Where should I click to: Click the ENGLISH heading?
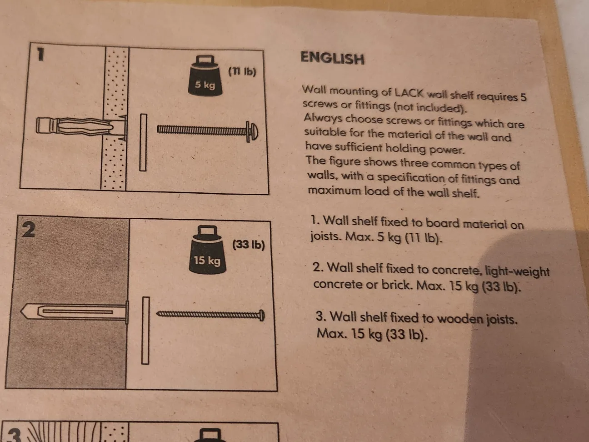pos(332,58)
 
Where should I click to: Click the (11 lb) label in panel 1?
pos(242,71)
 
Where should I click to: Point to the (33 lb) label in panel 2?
pos(248,244)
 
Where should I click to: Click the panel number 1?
pos(40,55)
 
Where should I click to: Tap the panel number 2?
pos(28,230)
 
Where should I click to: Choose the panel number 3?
pos(14,434)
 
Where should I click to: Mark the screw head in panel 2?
pos(262,315)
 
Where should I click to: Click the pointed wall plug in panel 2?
pos(73,312)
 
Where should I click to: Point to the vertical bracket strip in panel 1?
pos(143,142)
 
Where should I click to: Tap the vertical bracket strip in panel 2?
pos(145,331)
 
